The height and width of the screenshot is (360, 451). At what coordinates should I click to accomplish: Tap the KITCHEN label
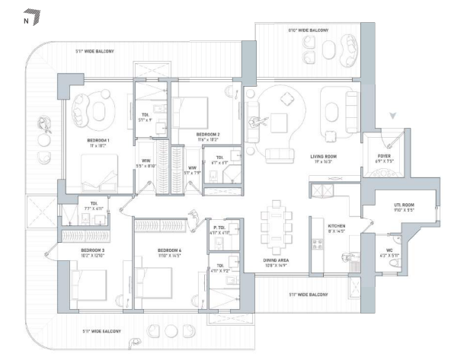pos(336,227)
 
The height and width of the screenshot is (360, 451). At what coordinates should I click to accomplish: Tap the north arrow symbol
pos(30,13)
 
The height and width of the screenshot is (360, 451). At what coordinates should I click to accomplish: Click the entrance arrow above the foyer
pos(393,116)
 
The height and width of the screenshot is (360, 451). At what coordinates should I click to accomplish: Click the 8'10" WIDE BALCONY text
pos(308,30)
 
